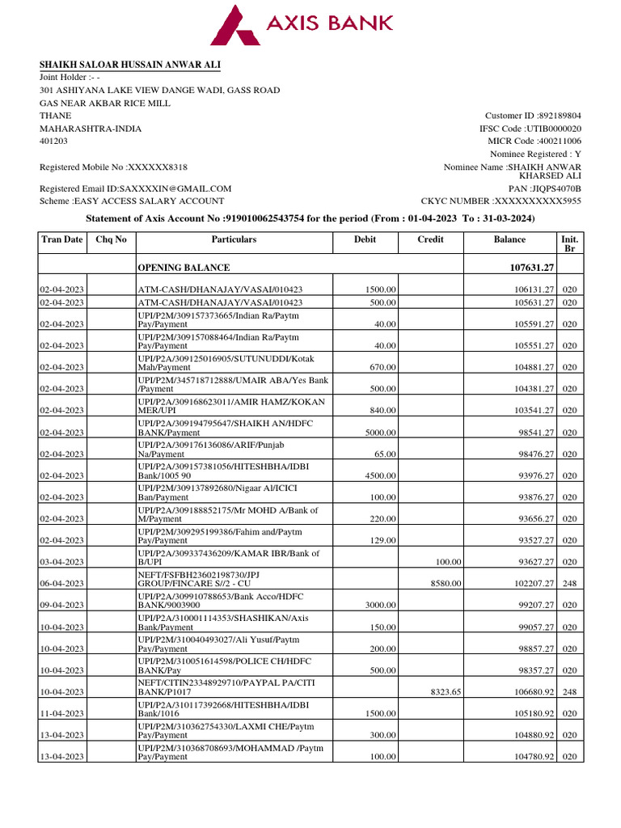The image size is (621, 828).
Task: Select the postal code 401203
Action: tap(54, 141)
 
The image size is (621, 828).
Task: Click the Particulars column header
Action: tap(234, 239)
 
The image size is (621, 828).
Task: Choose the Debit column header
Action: tap(365, 239)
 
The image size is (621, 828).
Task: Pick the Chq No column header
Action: tap(111, 239)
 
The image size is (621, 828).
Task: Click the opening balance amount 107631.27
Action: tap(528, 268)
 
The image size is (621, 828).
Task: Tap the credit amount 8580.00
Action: tap(446, 583)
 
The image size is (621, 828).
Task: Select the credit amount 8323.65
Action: tap(446, 691)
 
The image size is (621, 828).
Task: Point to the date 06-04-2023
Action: tap(63, 583)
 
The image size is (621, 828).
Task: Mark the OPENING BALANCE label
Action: tap(184, 268)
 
